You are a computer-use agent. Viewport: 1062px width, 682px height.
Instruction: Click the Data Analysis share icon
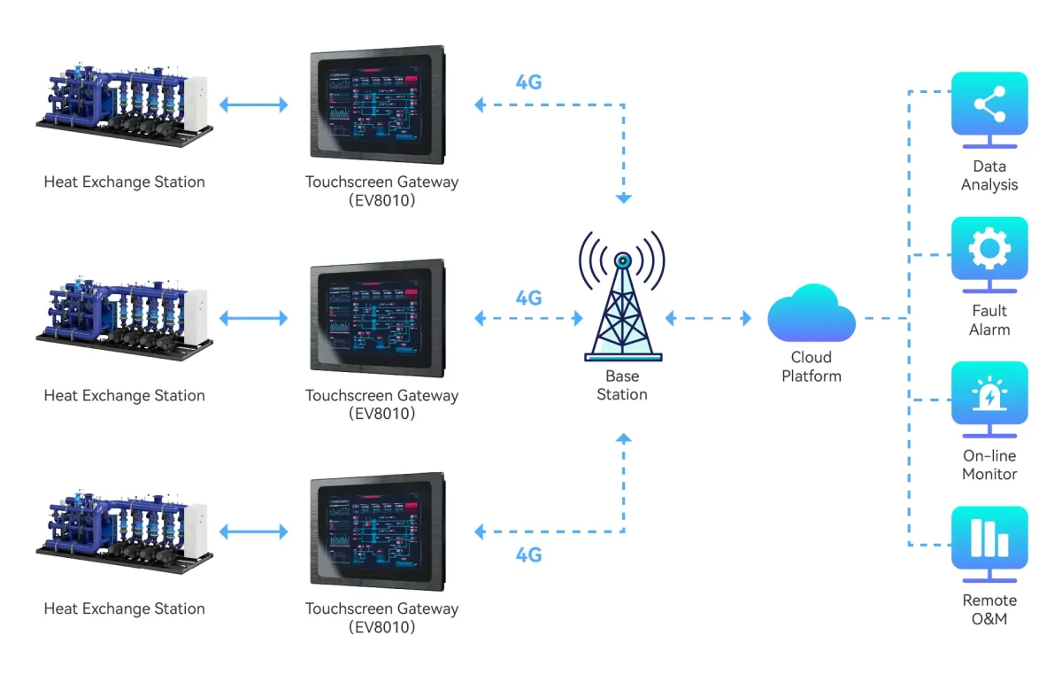tap(989, 105)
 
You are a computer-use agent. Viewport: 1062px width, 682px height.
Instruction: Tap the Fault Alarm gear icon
tap(989, 250)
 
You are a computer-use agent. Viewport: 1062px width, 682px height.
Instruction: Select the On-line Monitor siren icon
tap(989, 395)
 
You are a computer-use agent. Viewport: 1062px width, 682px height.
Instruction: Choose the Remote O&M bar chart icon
tap(989, 539)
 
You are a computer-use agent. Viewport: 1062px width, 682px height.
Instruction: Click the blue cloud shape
tap(811, 314)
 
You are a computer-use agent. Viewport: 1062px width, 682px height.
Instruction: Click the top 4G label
tap(528, 82)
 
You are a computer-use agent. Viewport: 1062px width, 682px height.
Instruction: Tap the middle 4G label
tap(528, 298)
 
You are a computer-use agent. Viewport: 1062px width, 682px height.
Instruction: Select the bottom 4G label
tap(528, 555)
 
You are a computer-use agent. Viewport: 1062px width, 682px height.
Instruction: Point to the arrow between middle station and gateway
tap(253, 318)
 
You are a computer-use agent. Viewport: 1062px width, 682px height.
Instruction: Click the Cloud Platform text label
tap(811, 367)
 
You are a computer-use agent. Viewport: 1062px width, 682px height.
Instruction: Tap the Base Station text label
tap(622, 385)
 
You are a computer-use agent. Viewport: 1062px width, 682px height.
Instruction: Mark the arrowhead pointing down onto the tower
tap(623, 198)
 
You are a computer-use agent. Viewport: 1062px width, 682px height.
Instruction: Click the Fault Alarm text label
tap(989, 320)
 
